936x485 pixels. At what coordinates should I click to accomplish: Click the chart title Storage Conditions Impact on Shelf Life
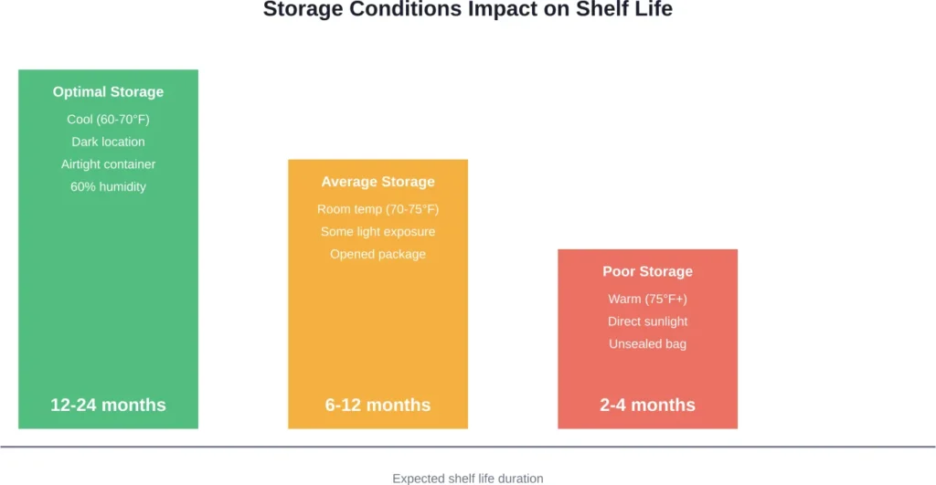[467, 10]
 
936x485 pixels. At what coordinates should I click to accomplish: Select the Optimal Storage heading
[108, 91]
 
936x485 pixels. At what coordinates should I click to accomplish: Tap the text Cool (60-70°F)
[108, 120]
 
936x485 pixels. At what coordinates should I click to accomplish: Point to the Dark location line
[108, 142]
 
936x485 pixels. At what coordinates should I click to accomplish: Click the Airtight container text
[108, 164]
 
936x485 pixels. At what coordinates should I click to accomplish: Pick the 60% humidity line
[108, 186]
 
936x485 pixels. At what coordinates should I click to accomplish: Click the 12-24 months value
[108, 405]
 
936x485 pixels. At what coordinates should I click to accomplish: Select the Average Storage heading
[378, 182]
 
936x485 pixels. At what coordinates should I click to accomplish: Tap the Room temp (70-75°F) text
[378, 209]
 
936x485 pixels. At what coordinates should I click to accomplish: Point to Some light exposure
[378, 231]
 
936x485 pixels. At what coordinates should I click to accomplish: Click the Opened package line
[378, 254]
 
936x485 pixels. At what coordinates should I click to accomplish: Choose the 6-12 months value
[378, 405]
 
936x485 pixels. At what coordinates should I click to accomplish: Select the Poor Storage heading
[647, 271]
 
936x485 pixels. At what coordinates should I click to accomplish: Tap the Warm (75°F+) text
[647, 299]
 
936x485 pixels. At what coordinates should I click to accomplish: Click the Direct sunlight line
[647, 322]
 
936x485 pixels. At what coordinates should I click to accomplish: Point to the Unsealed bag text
[647, 343]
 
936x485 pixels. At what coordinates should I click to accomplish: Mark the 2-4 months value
[647, 405]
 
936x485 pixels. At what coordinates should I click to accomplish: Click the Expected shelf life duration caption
[467, 478]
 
